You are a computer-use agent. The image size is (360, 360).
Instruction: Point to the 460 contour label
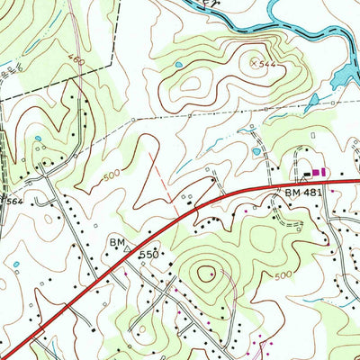click(x=76, y=60)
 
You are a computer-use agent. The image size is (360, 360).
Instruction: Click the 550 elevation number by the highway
click(x=149, y=256)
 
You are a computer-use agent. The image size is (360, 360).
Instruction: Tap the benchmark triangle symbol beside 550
click(x=128, y=243)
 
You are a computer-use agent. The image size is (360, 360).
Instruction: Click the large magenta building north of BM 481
click(x=324, y=171)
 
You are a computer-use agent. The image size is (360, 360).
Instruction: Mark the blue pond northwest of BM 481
click(x=256, y=151)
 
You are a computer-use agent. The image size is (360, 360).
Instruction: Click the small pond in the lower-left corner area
click(x=18, y=265)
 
